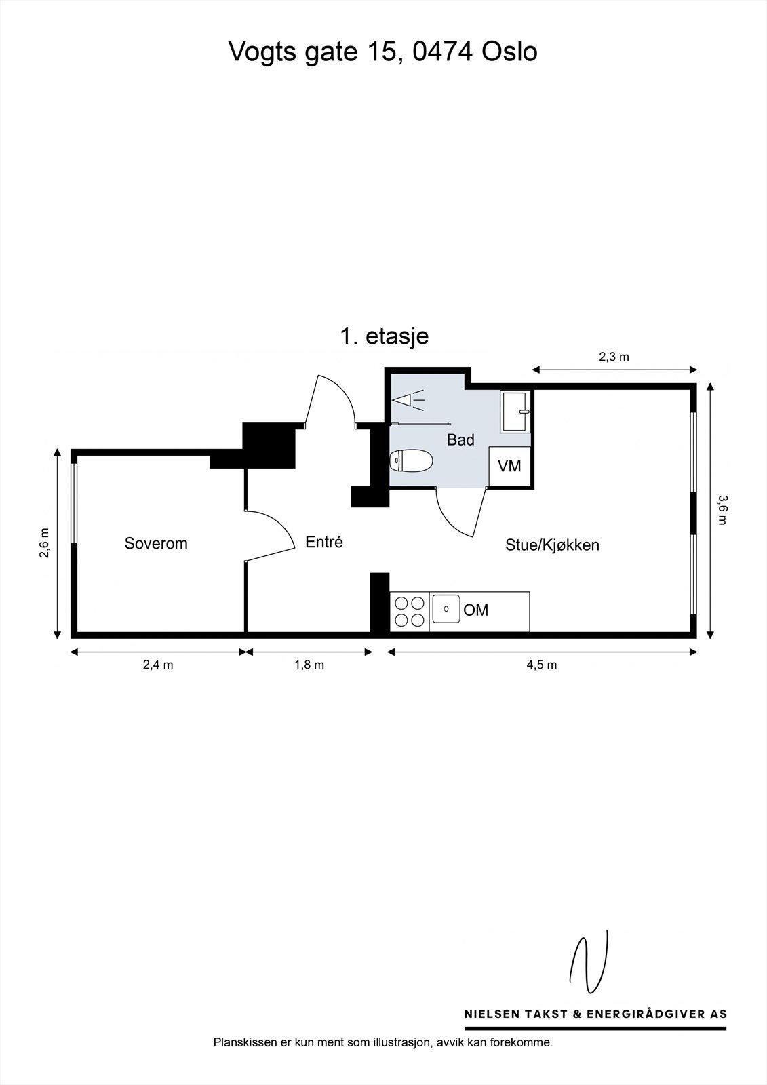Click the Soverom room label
point(155,543)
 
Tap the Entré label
point(324,542)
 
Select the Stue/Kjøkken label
point(552,545)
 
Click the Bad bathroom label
point(460,440)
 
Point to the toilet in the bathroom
point(412,461)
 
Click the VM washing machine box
point(509,466)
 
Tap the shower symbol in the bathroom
point(408,401)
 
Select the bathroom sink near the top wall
point(515,411)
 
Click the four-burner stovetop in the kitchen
point(410,611)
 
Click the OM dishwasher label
point(476,610)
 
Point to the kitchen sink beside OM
point(446,609)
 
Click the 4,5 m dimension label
point(541,665)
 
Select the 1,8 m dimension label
point(309,665)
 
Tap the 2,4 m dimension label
point(157,665)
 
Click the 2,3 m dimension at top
point(614,357)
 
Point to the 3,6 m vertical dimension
point(722,510)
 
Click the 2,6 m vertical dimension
point(44,543)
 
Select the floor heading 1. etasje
point(385,336)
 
